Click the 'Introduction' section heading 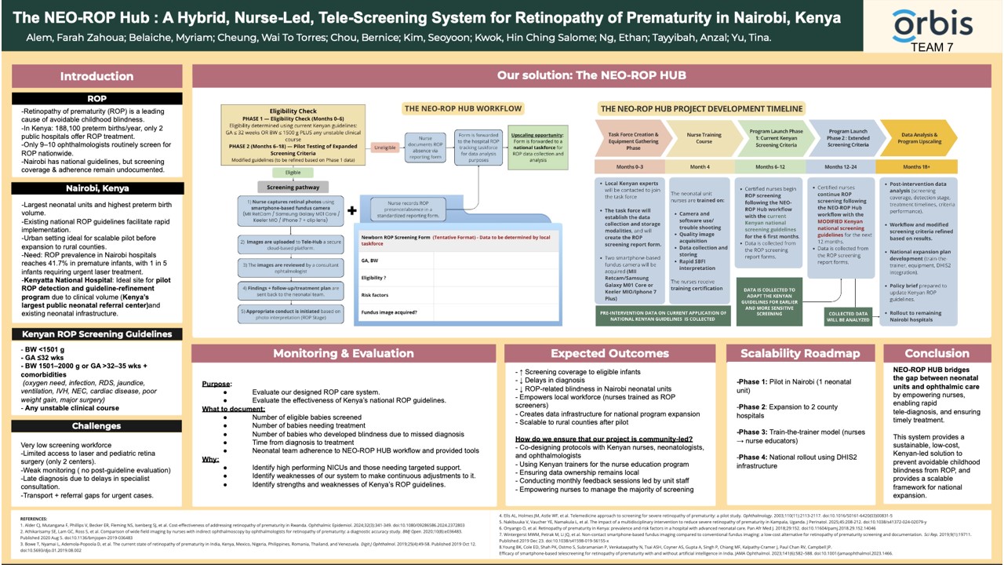pos(97,77)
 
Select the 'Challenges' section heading pos(97,426)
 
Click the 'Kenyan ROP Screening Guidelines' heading pos(97,334)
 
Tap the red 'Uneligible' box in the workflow pos(384,147)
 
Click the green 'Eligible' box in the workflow pos(293,172)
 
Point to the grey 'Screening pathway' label pos(292,188)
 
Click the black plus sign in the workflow pos(352,211)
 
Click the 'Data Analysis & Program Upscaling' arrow pos(915,139)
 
